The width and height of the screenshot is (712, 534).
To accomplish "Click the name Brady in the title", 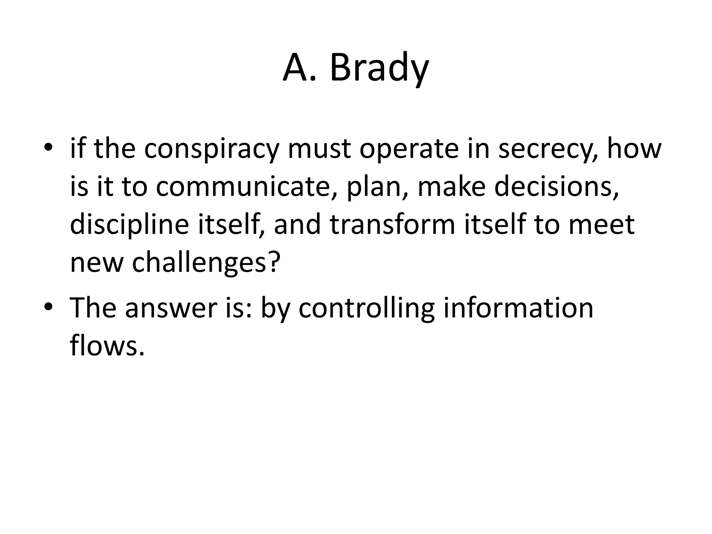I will click(x=379, y=68).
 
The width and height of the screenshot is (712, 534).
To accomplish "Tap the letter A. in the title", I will click(x=300, y=68).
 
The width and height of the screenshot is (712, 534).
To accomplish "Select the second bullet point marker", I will click(x=48, y=307).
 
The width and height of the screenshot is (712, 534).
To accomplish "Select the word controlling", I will click(x=366, y=308).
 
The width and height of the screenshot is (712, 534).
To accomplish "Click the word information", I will click(x=518, y=308).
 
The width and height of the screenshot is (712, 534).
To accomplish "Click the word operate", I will click(x=409, y=149).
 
